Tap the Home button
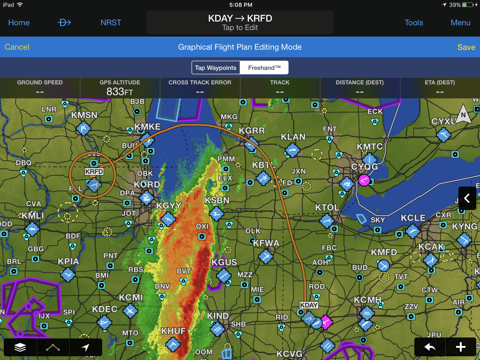click(19, 22)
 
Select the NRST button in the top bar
click(111, 22)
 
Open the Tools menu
click(414, 22)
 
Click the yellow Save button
click(466, 47)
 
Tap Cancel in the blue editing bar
click(17, 47)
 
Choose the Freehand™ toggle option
click(264, 67)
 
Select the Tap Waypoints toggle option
click(216, 67)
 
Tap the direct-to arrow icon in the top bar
click(64, 22)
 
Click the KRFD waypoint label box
click(94, 172)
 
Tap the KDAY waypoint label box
click(308, 305)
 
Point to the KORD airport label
click(147, 185)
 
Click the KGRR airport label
click(252, 131)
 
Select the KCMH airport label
click(368, 300)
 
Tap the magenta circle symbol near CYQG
click(364, 180)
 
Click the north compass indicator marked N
click(463, 114)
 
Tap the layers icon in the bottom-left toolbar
click(20, 348)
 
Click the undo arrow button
click(429, 347)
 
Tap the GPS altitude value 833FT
click(120, 92)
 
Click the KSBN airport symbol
click(216, 214)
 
